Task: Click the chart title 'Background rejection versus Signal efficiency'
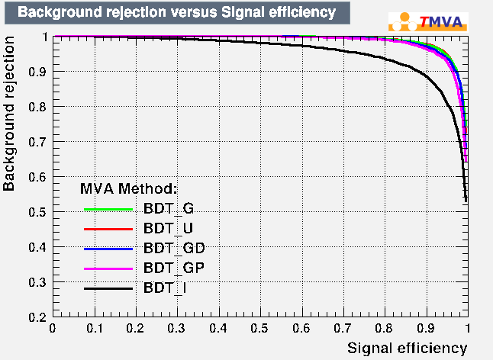coord(176,12)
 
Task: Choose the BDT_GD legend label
coord(173,248)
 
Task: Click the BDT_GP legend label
coord(173,268)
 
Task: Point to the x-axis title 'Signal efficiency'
coord(407,348)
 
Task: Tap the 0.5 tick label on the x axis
coord(260,328)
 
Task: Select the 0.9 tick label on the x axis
coord(426,328)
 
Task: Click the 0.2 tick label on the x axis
coord(135,328)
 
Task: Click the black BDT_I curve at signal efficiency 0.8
coord(384,59)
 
